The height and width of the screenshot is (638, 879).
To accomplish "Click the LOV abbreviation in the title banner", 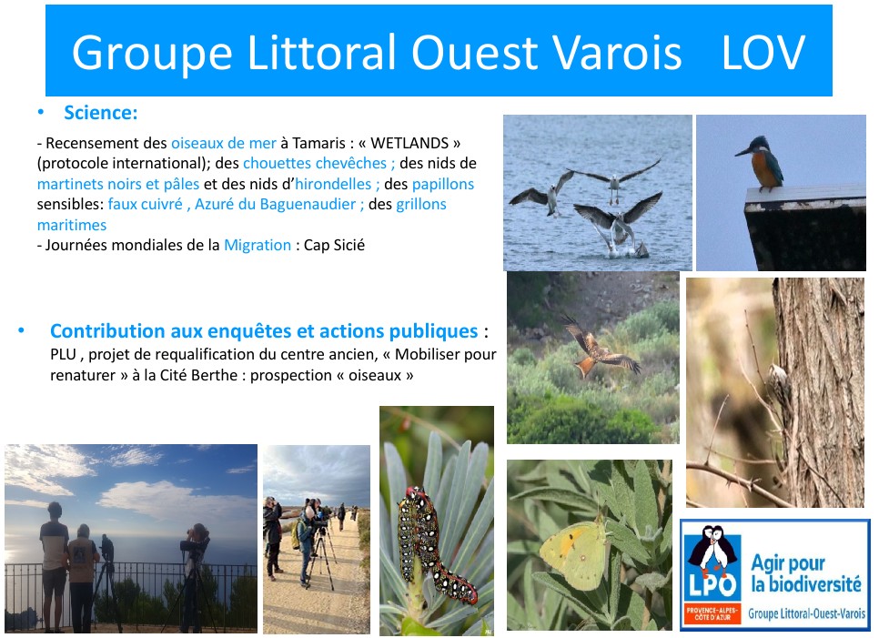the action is (x=763, y=52).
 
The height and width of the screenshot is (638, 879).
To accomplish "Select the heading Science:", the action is (x=100, y=113).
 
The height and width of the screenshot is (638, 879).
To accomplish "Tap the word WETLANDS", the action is (x=409, y=143).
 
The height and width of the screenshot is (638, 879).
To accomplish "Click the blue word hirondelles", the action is (x=333, y=184).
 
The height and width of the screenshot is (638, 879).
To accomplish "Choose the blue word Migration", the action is (x=258, y=245).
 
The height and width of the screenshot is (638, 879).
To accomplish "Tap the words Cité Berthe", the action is (x=199, y=375).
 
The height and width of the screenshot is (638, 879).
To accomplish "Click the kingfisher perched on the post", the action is (x=761, y=163).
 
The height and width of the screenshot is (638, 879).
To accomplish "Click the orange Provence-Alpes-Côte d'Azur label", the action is (x=712, y=613).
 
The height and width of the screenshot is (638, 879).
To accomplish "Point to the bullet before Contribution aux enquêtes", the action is (x=21, y=330).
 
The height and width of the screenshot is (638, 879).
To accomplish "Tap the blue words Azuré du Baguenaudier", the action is (x=275, y=204).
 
